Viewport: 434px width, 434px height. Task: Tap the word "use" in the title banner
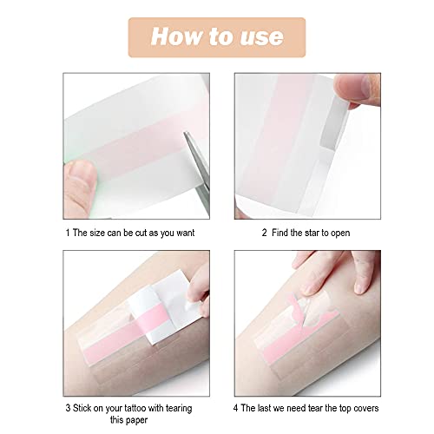[260, 36]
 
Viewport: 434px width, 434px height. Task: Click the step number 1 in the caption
[68, 233]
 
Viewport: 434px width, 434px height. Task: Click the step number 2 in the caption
[264, 233]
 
